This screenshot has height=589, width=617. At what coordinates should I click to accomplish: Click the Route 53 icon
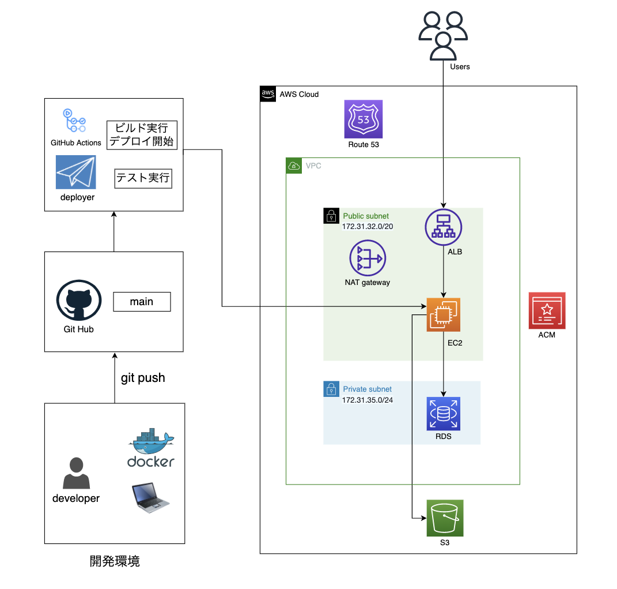click(x=364, y=119)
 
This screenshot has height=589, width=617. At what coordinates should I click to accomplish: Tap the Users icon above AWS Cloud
click(x=443, y=36)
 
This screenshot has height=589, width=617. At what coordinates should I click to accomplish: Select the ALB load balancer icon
click(x=444, y=227)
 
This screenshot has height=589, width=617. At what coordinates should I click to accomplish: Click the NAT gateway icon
click(x=368, y=258)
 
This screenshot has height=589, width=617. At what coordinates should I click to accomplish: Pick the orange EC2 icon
click(x=444, y=314)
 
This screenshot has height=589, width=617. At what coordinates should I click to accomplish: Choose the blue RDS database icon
click(x=444, y=414)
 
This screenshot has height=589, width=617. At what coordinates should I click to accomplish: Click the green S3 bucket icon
click(x=445, y=518)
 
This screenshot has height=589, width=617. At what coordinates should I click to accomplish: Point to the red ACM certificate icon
click(x=547, y=310)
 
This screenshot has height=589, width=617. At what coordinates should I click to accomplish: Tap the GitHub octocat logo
click(x=79, y=301)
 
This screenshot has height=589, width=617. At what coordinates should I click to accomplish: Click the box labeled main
click(x=142, y=302)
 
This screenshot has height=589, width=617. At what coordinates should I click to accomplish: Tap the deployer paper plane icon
click(x=76, y=172)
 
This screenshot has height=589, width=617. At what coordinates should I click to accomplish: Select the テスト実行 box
click(x=143, y=178)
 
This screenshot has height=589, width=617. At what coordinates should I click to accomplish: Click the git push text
click(x=143, y=378)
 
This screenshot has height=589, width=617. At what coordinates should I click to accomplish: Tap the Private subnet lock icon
click(x=331, y=389)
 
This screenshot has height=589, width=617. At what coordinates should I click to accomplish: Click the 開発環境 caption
click(x=115, y=561)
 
